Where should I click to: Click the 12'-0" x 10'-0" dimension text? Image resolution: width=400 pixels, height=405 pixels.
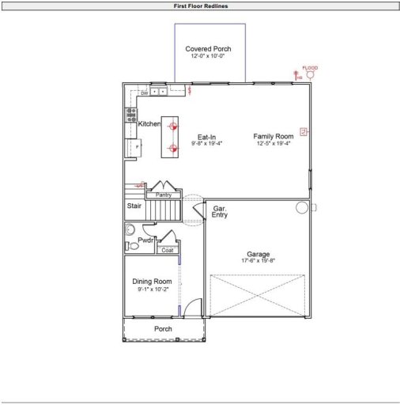coord(208,56)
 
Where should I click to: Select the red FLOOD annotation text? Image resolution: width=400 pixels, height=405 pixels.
coord(310,68)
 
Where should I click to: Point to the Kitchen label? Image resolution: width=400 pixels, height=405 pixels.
coord(149,124)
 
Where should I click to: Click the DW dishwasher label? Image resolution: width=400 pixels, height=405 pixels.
coord(145,93)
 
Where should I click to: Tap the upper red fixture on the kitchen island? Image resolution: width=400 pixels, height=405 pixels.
coord(174,127)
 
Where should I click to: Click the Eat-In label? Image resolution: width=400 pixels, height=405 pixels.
coord(207,137)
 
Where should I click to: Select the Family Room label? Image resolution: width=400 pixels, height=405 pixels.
coord(274,136)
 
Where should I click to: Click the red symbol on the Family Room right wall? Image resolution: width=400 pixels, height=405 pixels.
coord(301,131)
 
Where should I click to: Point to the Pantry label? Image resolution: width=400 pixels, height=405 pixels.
coord(164,195)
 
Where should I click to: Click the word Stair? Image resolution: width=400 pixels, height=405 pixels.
coord(134,206)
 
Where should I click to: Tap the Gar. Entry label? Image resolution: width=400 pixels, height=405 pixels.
coord(220,211)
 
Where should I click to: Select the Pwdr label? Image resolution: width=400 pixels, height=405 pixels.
coord(145,239)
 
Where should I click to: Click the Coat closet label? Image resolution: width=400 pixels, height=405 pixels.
coord(167,251)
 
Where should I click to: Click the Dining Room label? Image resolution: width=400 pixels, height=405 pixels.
coord(151,282)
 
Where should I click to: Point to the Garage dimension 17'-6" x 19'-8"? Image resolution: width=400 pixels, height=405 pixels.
coord(258,261)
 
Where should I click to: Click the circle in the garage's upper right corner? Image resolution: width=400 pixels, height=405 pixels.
coord(301,207)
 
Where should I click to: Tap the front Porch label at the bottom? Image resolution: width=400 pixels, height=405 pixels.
coord(163,329)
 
